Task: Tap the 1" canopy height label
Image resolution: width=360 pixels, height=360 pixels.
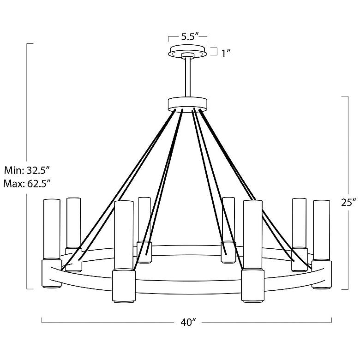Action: [226, 53]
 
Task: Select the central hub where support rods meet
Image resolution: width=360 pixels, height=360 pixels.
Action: [188, 104]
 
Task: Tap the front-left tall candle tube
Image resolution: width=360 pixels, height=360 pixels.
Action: [124, 235]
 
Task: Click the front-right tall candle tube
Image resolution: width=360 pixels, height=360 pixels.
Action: [252, 235]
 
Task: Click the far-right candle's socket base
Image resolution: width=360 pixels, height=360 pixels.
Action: [322, 274]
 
